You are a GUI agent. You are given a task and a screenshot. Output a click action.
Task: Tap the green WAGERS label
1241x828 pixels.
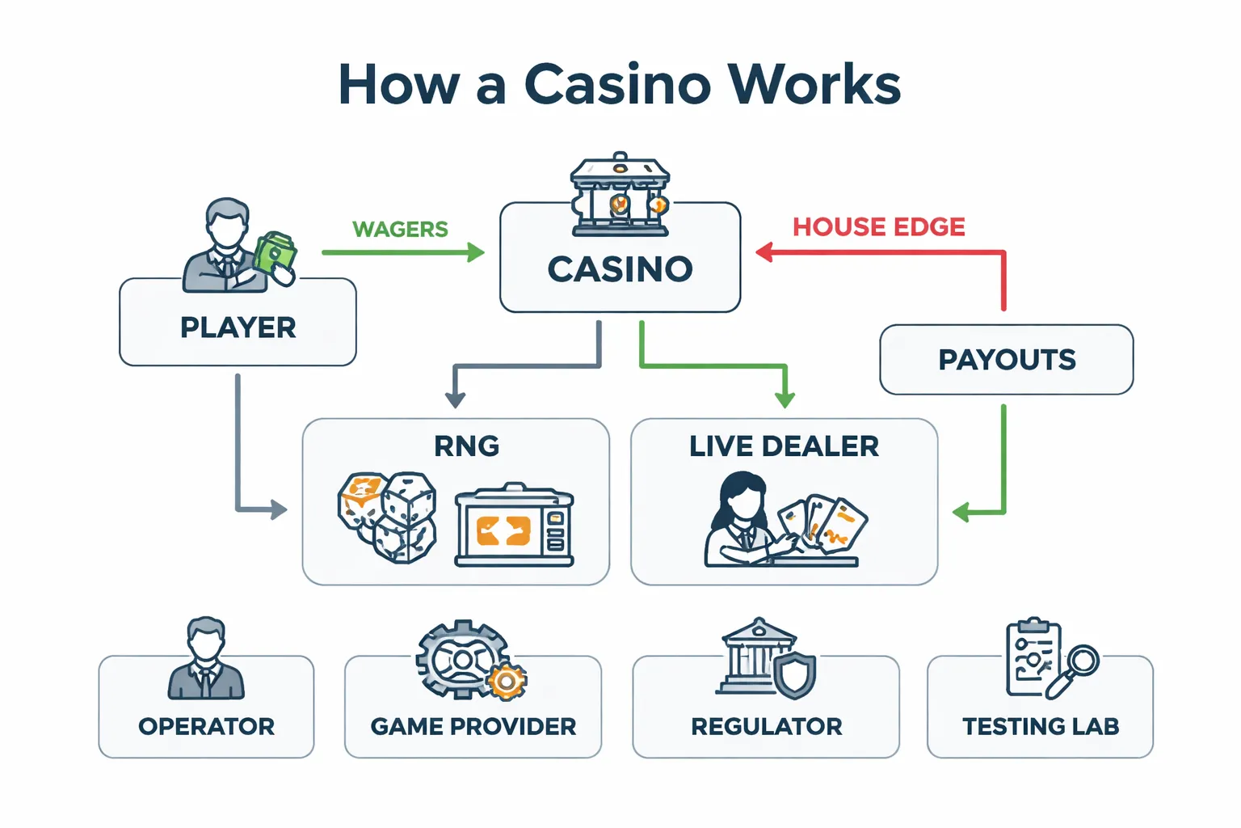400,230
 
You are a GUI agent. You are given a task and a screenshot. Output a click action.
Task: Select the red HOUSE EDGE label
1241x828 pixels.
878,227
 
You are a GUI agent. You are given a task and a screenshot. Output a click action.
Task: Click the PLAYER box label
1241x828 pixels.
238,327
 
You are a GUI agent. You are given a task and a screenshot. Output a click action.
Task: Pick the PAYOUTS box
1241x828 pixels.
1006,360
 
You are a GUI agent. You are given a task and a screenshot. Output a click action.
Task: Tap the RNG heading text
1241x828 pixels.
466,446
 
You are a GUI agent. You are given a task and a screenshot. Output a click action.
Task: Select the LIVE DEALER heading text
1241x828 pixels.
784,446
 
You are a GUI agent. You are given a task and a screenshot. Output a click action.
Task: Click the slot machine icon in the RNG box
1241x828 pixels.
514,526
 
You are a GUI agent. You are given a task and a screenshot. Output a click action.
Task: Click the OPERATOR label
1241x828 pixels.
206,727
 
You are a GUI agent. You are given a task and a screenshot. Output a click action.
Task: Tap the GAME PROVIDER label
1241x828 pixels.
473,727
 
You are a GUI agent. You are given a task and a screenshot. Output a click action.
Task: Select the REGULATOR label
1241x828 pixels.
766,727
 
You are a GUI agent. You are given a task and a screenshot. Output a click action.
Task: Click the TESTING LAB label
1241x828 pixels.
1041,727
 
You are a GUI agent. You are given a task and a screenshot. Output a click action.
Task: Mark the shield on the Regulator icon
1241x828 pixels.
795,675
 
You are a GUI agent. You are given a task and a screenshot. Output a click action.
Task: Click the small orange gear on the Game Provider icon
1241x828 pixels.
507,682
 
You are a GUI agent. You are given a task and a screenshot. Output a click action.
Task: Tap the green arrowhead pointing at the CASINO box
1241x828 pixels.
476,252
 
